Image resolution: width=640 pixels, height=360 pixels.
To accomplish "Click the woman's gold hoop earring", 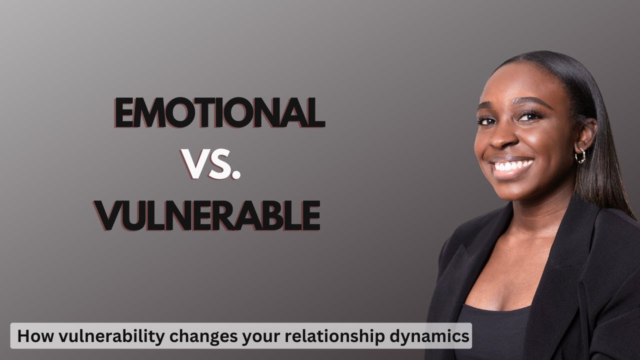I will pyautogui.click(x=580, y=156).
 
